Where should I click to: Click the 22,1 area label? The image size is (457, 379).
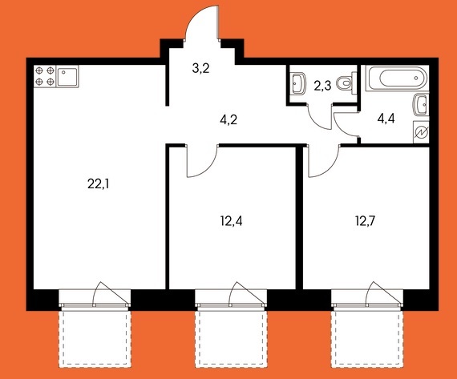click(99, 184)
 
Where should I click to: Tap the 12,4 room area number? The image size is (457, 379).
click(231, 221)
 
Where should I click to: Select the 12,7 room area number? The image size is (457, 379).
click(365, 221)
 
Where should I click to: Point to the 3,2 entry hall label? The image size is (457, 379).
click(200, 68)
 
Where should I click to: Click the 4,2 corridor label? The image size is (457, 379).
click(228, 119)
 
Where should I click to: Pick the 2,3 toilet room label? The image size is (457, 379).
click(322, 86)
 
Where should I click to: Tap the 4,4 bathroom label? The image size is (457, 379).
click(386, 119)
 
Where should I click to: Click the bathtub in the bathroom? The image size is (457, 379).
click(397, 78)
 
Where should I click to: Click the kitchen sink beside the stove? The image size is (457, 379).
click(67, 77)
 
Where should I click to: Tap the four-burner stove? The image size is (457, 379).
click(45, 76)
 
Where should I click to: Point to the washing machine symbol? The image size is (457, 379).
click(421, 132)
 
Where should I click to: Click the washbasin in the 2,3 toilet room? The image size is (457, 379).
click(298, 83)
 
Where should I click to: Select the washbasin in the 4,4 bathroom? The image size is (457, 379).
click(422, 104)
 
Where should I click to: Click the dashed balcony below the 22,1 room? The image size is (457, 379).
click(95, 338)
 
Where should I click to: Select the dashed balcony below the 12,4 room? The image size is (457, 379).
click(231, 338)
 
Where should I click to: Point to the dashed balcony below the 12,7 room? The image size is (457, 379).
click(367, 338)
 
